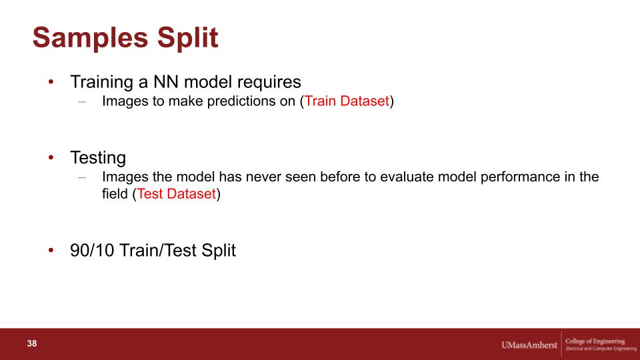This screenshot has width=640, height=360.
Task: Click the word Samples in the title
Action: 90,37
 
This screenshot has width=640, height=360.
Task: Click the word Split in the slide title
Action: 188,37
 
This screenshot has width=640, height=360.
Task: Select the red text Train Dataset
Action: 347,101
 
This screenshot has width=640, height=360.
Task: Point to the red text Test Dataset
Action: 176,193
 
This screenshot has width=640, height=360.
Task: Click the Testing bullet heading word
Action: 98,158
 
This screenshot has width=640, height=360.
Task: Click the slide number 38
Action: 32,344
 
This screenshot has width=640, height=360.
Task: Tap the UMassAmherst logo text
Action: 529,345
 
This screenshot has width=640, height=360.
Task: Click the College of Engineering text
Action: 595,341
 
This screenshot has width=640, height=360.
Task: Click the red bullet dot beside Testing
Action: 51,157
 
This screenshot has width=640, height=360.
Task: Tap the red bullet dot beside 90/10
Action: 51,250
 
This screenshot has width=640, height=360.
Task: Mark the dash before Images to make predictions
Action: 82,101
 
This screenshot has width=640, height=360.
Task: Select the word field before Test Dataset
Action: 115,193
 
